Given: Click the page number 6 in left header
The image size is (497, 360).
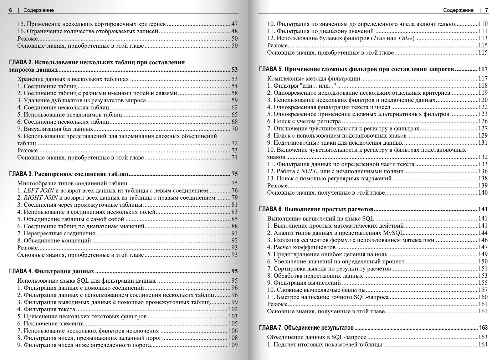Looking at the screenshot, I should coord(10,10).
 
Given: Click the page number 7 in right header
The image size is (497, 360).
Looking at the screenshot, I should coord(486,10).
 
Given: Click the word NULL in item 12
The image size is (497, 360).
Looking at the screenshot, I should coord(309,171).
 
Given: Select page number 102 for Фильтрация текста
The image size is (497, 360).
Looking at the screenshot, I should coord(233,309).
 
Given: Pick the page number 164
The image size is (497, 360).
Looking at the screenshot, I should coord(482,345).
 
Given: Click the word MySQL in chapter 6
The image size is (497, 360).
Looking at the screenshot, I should coord(393,233).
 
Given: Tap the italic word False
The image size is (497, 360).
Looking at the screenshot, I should coord(406,38).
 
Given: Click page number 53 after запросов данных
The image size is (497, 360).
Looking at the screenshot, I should coord(234,70).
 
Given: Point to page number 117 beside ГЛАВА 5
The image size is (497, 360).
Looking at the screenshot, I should coord(482,69).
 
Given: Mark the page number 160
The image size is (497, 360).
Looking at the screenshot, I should coord(482,297).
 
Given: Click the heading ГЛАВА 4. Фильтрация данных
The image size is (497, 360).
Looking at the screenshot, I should coord(52,271).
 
